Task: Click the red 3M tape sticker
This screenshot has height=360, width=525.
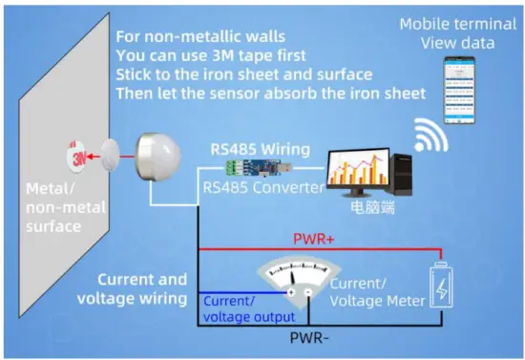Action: (x=75, y=154)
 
